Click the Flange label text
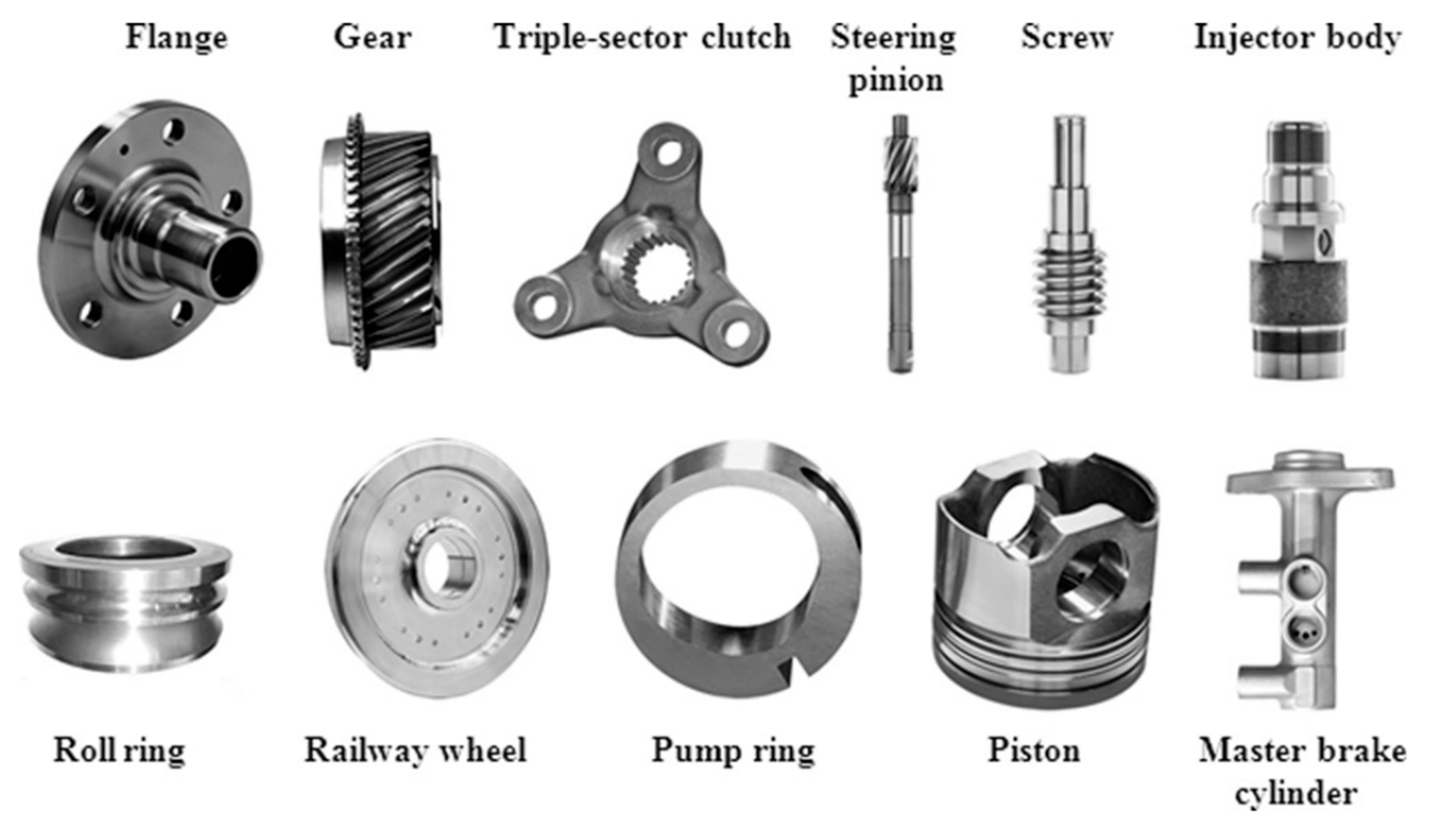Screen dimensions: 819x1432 [176, 38]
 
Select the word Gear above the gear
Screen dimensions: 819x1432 [372, 38]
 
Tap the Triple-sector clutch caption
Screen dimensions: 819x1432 [642, 38]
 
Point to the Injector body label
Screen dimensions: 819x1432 [1297, 38]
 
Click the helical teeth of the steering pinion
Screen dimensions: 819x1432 [900, 163]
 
